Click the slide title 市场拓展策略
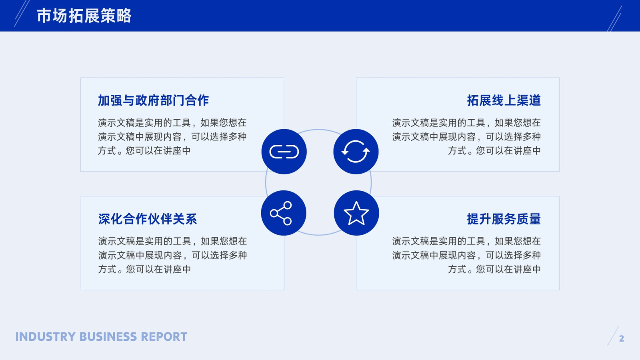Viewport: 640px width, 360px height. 84,16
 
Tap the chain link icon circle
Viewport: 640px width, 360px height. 284,152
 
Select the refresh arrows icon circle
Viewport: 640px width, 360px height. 356,152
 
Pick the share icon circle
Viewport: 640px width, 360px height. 284,213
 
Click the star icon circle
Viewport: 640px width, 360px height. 356,213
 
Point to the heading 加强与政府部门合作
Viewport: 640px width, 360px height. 154,100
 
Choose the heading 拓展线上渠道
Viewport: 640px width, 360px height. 504,100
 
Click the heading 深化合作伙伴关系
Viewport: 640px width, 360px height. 148,219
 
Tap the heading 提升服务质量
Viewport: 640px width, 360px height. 504,219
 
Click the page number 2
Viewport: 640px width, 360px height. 622,338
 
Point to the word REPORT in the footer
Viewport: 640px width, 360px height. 164,337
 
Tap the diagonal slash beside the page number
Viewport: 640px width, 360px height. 613,336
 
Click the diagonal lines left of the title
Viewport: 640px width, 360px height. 22,14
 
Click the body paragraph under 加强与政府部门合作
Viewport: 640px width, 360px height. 172,137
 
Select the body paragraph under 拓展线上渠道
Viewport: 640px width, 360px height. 466,137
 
